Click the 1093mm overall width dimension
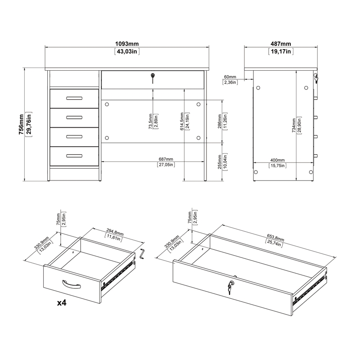point(127,44)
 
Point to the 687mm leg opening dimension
point(166,159)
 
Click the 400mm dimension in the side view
point(278,160)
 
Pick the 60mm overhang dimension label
point(229,77)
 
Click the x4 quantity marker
point(62,303)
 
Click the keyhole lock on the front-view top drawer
point(153,78)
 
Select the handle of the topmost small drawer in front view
point(74,98)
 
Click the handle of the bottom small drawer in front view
point(74,156)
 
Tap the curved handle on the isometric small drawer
point(71,283)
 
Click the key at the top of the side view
point(316,79)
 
